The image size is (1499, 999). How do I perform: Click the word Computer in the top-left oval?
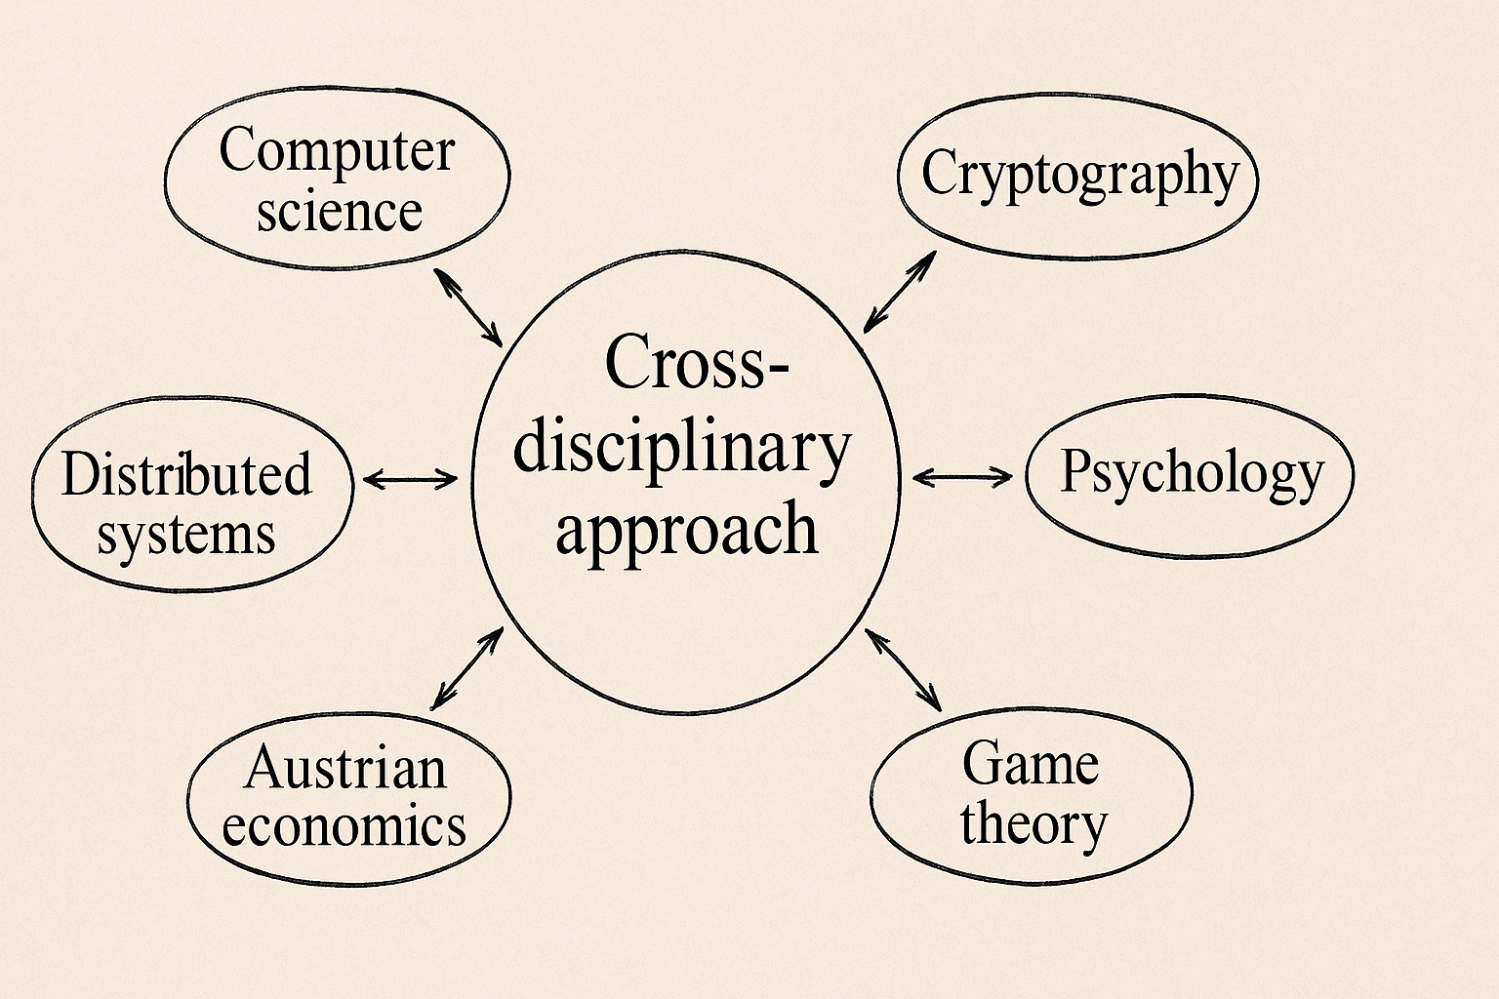coord(337,152)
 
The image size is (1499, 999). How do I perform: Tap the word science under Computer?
coord(340,212)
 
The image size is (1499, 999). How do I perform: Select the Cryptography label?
coord(1079,176)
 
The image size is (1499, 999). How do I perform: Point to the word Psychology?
coord(1192,473)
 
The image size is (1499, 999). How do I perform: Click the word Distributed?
coord(186,474)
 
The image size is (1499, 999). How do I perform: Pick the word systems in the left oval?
coord(186,535)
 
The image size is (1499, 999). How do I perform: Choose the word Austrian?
coord(345,768)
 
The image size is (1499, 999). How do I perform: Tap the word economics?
coord(344,826)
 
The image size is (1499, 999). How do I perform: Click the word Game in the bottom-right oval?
coord(1031,763)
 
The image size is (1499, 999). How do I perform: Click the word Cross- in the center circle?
coord(697,361)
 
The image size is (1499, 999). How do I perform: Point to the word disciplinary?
coord(682,449)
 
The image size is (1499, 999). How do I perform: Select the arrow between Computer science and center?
coord(467,306)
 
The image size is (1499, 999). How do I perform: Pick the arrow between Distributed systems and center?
coord(410,478)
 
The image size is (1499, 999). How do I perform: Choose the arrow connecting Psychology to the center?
coord(962,476)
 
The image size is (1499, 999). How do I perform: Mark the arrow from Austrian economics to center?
coord(466,668)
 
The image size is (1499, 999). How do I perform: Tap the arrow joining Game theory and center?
coord(904,669)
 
